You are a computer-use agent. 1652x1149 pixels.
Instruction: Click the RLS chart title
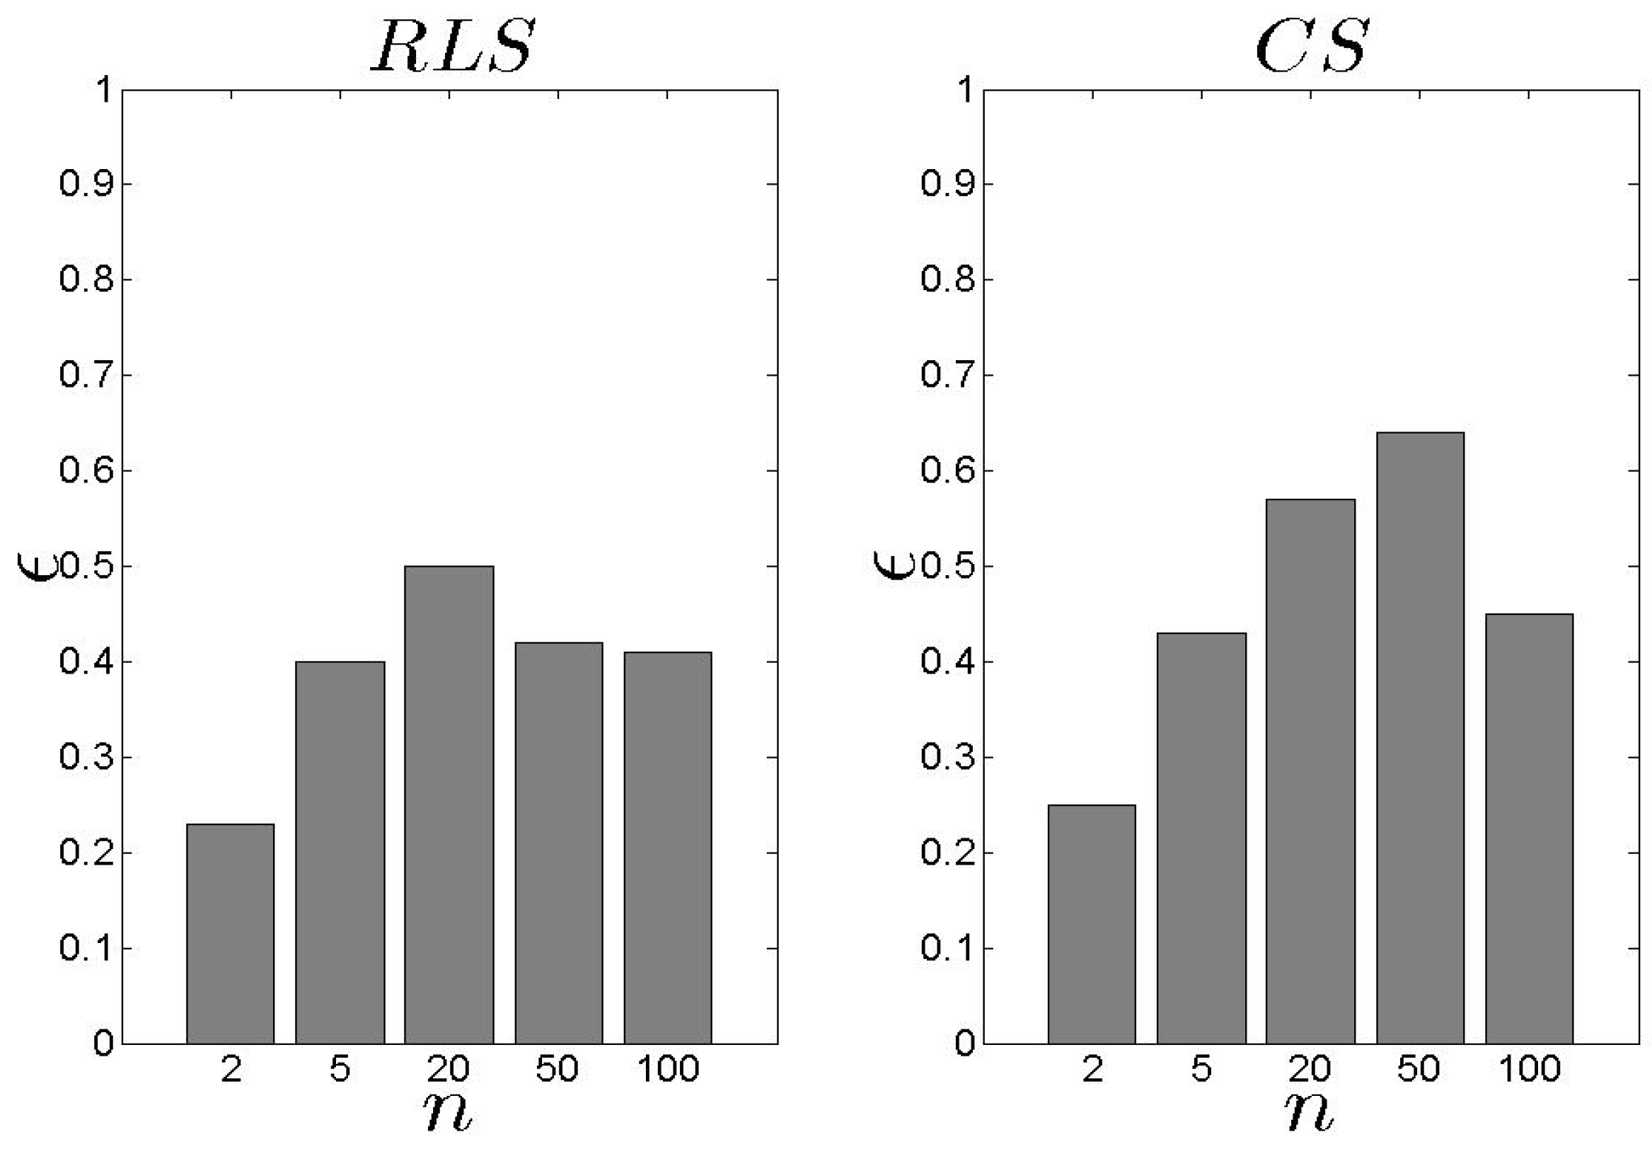pyautogui.click(x=453, y=47)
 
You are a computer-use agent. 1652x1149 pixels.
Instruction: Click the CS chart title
pyautogui.click(x=1311, y=47)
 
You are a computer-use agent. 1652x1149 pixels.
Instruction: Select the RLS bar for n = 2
pyautogui.click(x=230, y=933)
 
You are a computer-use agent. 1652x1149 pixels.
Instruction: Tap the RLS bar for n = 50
pyautogui.click(x=558, y=843)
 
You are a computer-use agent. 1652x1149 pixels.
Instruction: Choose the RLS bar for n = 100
pyautogui.click(x=668, y=848)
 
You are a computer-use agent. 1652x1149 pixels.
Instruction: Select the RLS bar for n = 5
pyautogui.click(x=340, y=853)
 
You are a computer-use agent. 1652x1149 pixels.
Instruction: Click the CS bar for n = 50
pyautogui.click(x=1420, y=737)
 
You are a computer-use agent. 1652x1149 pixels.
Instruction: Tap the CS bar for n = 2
pyautogui.click(x=1092, y=924)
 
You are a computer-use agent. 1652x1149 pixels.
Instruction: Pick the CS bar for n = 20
pyautogui.click(x=1310, y=771)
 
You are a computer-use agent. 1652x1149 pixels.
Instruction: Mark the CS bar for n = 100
pyautogui.click(x=1529, y=828)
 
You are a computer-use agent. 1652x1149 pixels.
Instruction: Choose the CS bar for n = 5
pyautogui.click(x=1201, y=838)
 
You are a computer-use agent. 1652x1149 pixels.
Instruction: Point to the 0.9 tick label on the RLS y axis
pyautogui.click(x=86, y=184)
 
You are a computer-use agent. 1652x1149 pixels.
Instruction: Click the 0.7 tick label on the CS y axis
pyautogui.click(x=947, y=375)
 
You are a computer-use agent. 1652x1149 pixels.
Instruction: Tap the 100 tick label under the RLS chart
pyautogui.click(x=668, y=1069)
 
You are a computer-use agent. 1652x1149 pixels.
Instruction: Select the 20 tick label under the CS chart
pyautogui.click(x=1310, y=1069)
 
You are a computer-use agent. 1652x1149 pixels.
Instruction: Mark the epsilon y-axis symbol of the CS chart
pyautogui.click(x=893, y=565)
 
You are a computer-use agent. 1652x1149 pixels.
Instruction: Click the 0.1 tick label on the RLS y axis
pyautogui.click(x=86, y=948)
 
